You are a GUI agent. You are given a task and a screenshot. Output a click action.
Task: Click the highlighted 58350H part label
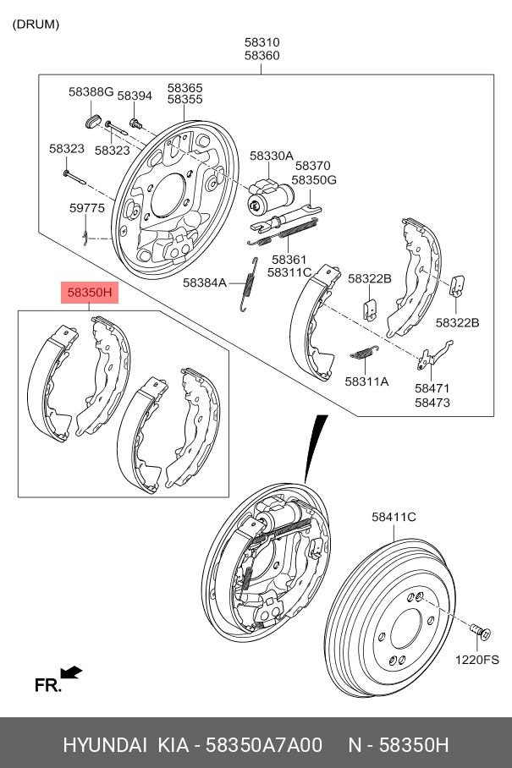(x=90, y=293)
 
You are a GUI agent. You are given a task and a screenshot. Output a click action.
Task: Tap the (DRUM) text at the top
(x=36, y=24)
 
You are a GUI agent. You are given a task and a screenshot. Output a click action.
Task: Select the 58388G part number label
(x=91, y=91)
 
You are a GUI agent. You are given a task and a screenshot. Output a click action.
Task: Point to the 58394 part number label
(x=135, y=96)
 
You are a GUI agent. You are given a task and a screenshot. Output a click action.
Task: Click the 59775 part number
(x=86, y=207)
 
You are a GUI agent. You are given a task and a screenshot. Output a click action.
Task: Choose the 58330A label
(x=271, y=156)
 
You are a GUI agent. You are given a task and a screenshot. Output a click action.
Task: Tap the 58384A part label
(x=205, y=283)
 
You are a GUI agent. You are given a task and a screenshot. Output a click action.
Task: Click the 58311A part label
(x=366, y=381)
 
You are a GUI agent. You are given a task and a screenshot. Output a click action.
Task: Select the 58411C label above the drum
(x=394, y=516)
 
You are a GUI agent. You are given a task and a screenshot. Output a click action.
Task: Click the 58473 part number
(x=432, y=403)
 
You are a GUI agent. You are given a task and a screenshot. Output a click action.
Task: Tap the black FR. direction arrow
(x=72, y=672)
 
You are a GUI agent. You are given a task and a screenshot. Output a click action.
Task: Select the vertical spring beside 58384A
(x=248, y=283)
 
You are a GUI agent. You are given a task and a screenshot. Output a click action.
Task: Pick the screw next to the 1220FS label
(x=479, y=631)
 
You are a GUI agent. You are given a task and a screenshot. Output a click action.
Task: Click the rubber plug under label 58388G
(x=95, y=115)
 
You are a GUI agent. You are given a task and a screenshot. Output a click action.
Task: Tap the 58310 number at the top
(x=262, y=41)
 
